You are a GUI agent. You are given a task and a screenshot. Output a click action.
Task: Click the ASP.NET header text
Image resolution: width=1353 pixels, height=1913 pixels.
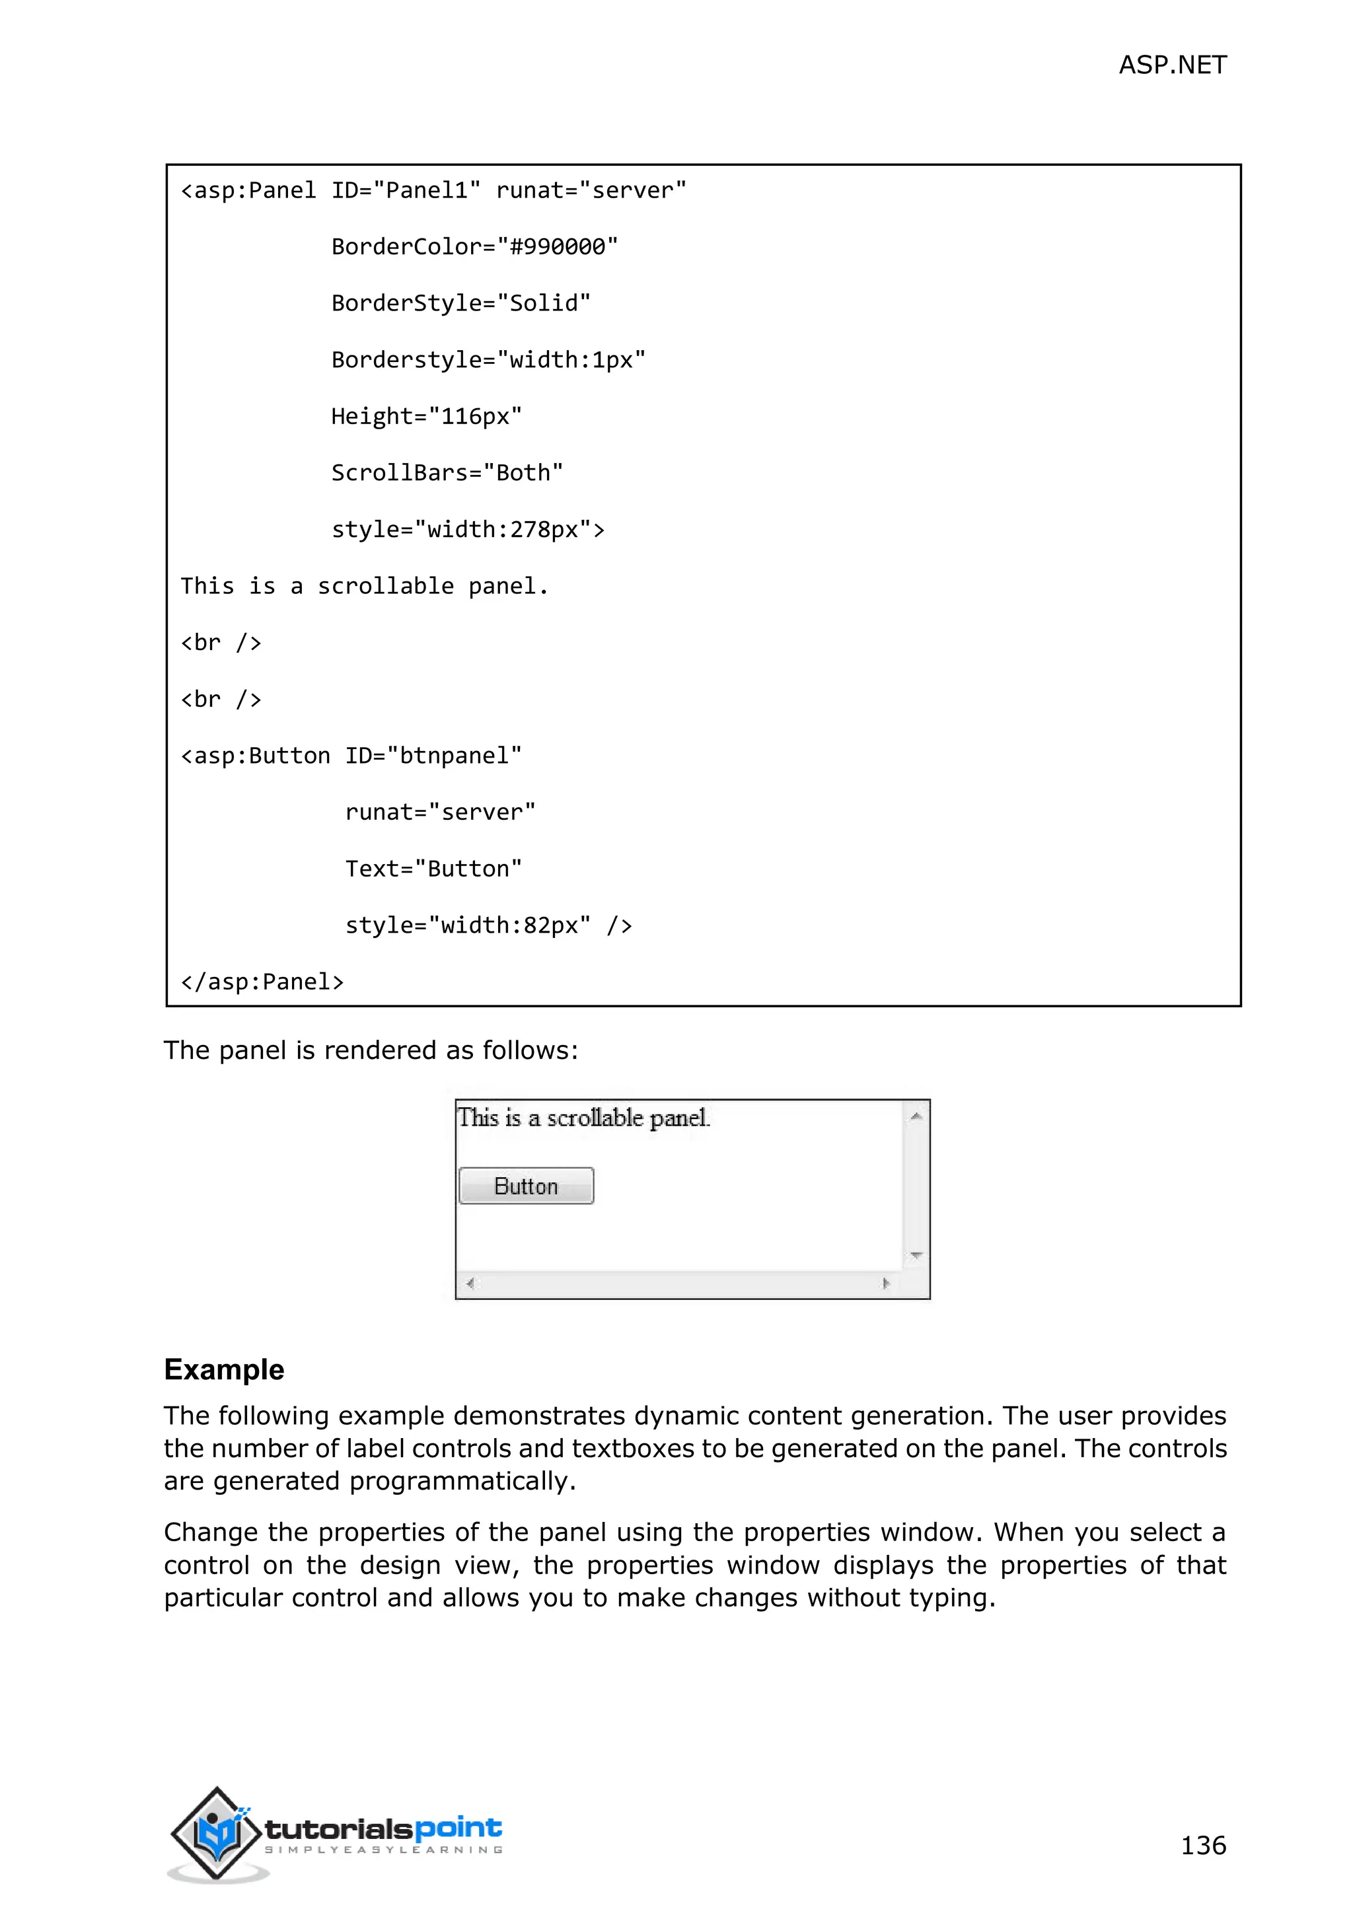1171,65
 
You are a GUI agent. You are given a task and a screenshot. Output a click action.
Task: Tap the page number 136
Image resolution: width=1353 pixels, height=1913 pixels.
1202,1845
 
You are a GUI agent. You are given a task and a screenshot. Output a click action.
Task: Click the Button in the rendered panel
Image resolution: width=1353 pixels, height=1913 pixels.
526,1186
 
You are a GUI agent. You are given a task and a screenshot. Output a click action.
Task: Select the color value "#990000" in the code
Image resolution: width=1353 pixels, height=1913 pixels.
558,246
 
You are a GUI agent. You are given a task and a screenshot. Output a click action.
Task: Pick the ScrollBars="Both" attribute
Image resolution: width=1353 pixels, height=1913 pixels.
447,472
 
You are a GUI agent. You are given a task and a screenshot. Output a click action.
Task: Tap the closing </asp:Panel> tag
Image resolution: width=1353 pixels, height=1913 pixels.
262,982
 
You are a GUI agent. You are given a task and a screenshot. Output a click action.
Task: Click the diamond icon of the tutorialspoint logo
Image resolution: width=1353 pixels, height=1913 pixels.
217,1832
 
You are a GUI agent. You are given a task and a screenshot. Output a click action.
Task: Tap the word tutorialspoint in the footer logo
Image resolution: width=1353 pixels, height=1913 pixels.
383,1829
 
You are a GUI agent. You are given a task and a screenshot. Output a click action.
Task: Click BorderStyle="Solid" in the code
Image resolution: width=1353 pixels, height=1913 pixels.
460,303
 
